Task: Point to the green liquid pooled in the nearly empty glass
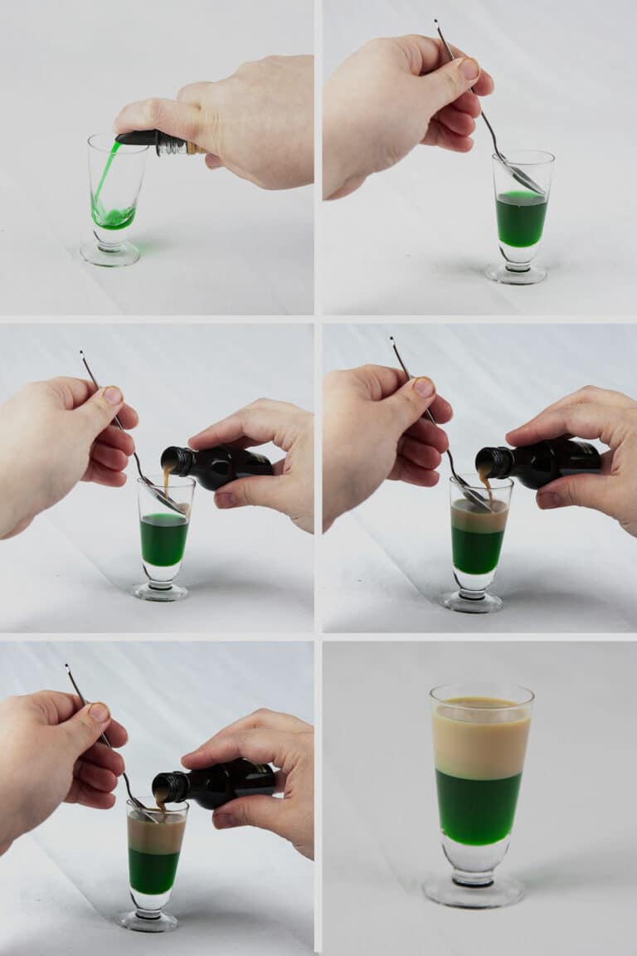coord(114,218)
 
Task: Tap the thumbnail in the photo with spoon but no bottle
coord(469,70)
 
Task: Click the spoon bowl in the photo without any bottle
coord(524,178)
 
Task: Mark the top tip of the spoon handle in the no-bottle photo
coord(436,23)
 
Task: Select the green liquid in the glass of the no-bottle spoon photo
coord(521,219)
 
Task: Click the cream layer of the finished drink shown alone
coord(481,739)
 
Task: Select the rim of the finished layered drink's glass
coord(482,690)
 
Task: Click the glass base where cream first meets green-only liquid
coord(161,591)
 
